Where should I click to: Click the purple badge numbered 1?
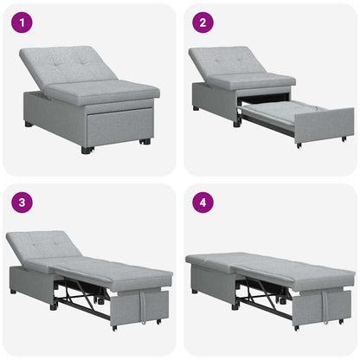pos(21,22)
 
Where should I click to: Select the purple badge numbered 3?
pos(21,202)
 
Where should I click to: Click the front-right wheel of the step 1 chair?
pos(145,141)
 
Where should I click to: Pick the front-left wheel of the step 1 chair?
pos(86,150)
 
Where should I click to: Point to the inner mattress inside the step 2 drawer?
pos(275,111)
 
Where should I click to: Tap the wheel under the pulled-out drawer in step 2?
pos(299,145)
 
